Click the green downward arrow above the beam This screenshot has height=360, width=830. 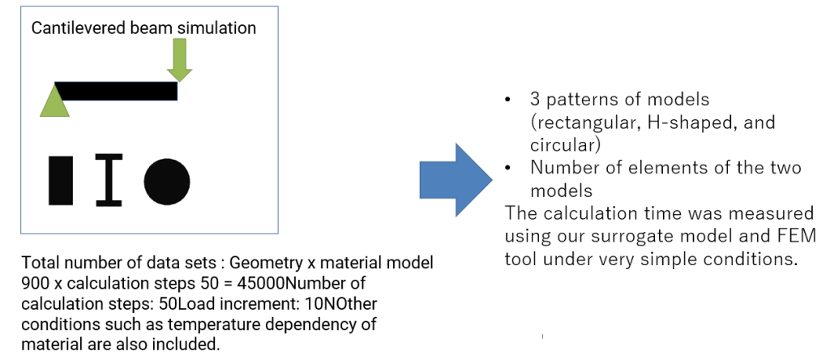[179, 60]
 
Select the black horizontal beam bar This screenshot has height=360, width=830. [116, 91]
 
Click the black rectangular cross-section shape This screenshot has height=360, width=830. [61, 181]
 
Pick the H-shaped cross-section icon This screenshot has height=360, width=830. [109, 180]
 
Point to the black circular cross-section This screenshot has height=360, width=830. [167, 182]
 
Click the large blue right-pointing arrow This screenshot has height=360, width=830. [456, 180]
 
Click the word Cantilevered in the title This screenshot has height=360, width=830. [79, 28]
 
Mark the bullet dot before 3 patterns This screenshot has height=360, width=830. [508, 99]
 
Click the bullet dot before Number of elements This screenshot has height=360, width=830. [508, 167]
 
